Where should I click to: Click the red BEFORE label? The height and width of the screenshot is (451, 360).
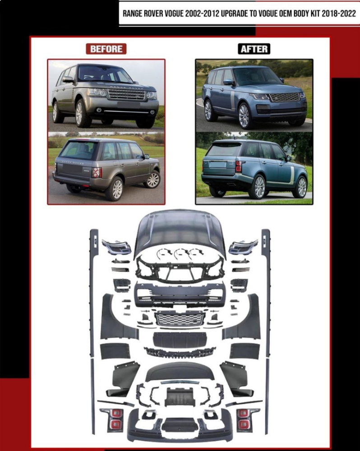tap(106, 49)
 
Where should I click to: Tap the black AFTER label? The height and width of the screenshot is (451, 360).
tap(254, 49)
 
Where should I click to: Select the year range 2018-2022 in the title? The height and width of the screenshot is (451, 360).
tap(339, 14)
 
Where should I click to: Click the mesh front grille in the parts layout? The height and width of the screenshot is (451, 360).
tap(180, 319)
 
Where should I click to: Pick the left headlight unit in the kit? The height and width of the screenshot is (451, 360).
tap(116, 247)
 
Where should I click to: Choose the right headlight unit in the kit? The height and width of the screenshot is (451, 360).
tap(243, 247)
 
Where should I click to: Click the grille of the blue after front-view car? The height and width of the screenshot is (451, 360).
tap(285, 97)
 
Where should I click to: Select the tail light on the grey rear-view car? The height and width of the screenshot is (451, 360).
tap(97, 172)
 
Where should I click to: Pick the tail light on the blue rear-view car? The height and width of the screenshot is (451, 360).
tap(239, 166)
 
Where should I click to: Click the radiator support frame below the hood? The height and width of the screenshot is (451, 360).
tap(180, 269)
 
